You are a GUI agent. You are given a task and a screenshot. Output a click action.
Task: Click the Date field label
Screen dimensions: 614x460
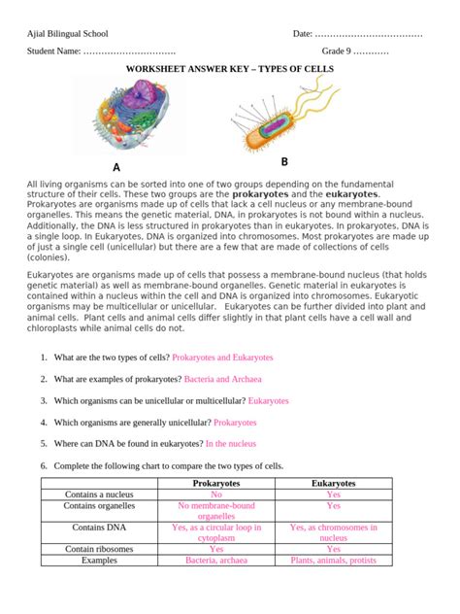(x=303, y=35)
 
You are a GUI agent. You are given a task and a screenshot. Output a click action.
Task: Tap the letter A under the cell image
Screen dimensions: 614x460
(x=116, y=168)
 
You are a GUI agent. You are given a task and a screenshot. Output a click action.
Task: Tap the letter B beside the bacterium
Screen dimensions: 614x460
(x=285, y=161)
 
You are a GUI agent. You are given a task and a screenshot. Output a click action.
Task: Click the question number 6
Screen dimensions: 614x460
(x=44, y=466)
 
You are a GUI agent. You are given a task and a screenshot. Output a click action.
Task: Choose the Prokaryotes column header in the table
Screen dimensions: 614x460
(x=216, y=483)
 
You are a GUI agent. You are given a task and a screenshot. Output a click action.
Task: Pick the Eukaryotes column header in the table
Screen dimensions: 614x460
(x=333, y=483)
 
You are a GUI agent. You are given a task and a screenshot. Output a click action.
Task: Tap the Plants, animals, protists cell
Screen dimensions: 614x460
(x=333, y=561)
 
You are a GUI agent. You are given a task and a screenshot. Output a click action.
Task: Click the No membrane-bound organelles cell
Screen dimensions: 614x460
(x=216, y=511)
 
